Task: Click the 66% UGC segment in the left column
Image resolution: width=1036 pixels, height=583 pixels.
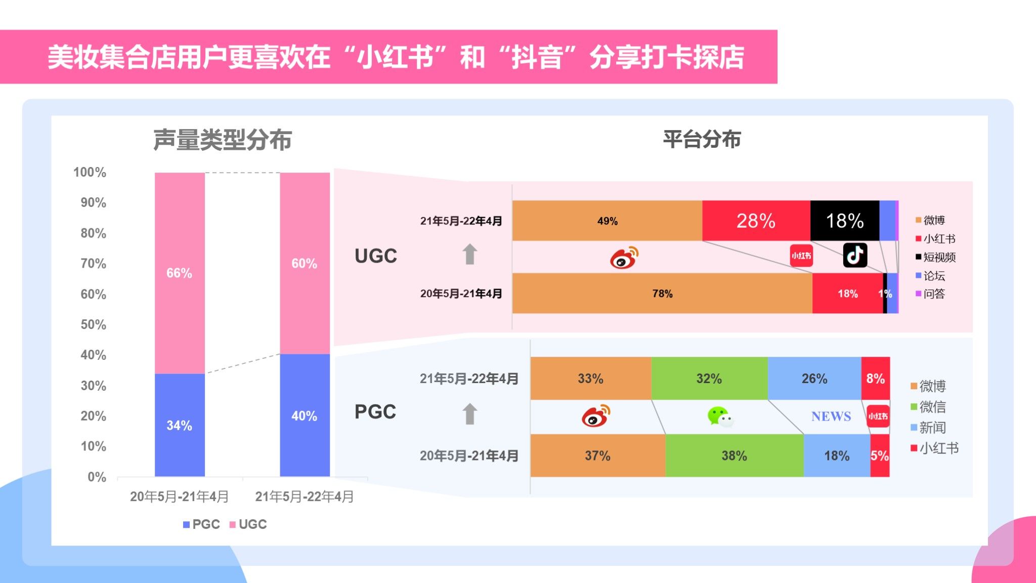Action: coord(180,273)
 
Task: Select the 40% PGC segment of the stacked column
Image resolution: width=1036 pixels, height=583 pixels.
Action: coord(305,415)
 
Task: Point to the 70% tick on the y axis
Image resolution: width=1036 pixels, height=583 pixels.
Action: coord(94,264)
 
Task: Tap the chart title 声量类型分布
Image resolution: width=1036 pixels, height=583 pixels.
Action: coord(223,140)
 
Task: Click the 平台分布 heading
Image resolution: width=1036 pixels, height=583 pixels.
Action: coord(702,139)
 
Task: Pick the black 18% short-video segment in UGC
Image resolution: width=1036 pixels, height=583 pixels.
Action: coord(844,221)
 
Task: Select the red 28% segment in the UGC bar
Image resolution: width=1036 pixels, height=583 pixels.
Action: coord(756,221)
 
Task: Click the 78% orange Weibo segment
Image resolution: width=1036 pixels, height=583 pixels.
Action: coord(662,294)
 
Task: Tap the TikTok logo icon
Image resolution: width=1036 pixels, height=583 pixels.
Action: coord(855,255)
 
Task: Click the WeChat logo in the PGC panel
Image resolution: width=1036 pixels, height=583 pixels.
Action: coord(720,417)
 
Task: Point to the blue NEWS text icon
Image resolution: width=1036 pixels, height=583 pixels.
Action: coord(831,417)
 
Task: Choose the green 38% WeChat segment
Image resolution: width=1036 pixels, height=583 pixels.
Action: coord(734,455)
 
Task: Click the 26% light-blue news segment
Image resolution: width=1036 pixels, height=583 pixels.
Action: coord(814,379)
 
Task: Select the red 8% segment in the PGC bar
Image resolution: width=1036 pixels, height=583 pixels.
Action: coord(875,379)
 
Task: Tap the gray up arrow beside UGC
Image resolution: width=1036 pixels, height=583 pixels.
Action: coord(470,254)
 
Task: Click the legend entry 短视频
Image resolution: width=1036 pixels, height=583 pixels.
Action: coord(939,257)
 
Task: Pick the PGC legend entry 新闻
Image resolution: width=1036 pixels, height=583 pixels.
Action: coord(932,428)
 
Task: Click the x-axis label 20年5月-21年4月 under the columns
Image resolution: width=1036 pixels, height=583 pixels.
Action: coord(180,496)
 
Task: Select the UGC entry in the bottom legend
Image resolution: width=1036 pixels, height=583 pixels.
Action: coord(252,524)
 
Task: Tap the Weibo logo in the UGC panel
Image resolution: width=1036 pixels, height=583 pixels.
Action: coord(624,258)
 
